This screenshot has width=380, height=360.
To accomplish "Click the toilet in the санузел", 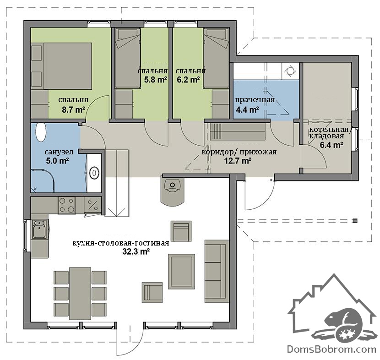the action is pos(41,132).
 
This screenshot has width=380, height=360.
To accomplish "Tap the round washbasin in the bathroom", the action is pos(94,173).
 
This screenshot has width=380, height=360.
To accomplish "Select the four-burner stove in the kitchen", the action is pos(66,205).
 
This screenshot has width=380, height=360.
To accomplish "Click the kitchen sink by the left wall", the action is pos(39,229).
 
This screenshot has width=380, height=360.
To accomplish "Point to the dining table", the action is pos(80,294).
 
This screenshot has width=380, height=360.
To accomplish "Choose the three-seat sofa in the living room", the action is pos(217,271).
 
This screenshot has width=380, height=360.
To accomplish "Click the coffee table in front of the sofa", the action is pos(181,271).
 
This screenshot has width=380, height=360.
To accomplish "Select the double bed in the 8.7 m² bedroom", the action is pos(68,66).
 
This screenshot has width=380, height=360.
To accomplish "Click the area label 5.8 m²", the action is pos(155,80).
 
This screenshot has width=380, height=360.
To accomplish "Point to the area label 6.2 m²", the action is pos(188,80).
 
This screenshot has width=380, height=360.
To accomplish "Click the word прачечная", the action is pos(255,100).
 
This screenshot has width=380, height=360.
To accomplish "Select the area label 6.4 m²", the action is pos(331,145).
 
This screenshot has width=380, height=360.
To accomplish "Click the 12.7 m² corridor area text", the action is pos(238,161).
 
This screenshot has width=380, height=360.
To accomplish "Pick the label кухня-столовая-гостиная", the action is pos(121,243).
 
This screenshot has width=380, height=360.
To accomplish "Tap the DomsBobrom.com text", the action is pos(331,349).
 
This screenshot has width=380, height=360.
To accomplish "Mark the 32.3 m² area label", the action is pos(136,251).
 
